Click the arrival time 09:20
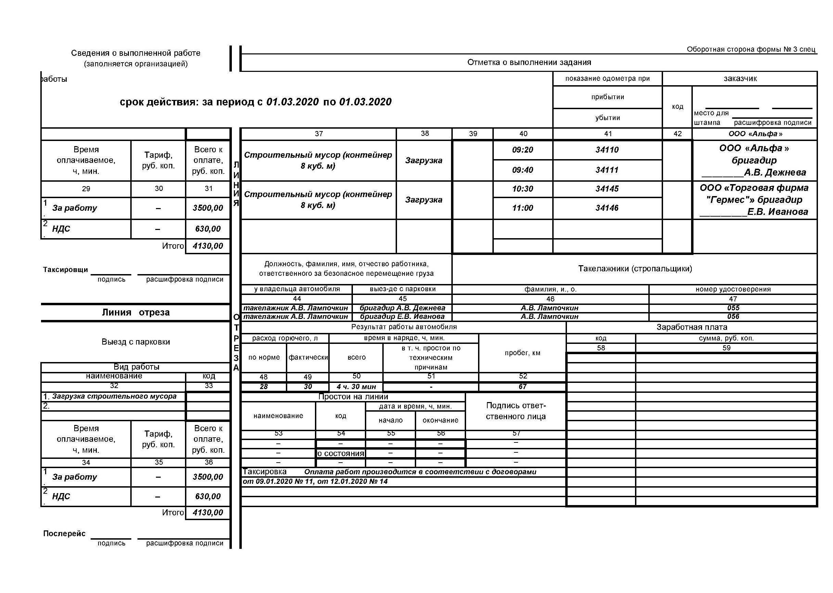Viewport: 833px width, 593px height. pos(523,150)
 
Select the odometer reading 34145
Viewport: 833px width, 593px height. pos(607,189)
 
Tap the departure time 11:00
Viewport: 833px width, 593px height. pos(523,208)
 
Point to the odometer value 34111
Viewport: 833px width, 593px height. pos(607,170)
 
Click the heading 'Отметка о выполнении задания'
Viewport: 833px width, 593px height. pos(529,62)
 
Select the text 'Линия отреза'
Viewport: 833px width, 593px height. pos(136,312)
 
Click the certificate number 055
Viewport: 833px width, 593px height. pos(733,308)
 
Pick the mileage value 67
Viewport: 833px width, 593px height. pos(523,387)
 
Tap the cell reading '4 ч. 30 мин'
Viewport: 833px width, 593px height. pos(356,387)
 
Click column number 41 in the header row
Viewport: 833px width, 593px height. pos(608,134)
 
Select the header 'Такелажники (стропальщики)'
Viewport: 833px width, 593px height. pos(635,269)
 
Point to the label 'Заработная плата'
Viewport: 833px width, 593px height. pos(691,327)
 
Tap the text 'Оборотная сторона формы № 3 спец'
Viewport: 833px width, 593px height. pos(751,49)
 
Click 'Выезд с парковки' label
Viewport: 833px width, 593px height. pos(136,342)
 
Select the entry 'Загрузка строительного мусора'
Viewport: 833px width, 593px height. pos(114,397)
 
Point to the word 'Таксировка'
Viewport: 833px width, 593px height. pos(265,472)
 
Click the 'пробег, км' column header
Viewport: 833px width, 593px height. pos(523,353)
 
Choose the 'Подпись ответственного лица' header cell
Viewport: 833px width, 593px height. pos(516,411)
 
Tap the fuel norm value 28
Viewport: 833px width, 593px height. pos(264,387)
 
